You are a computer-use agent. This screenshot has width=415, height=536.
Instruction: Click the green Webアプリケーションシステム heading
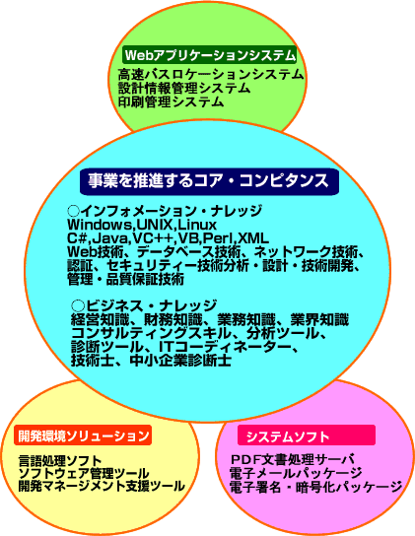pos(209,55)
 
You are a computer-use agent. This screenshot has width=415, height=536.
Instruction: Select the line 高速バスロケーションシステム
pos(211,74)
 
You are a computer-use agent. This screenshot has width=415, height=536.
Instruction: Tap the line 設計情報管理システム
pos(184,89)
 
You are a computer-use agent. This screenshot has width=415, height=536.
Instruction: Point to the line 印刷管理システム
pos(172,101)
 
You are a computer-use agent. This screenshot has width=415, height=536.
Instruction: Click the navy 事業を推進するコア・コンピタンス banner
pos(209,181)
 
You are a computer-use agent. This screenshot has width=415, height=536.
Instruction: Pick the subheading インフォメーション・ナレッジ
pos(165,211)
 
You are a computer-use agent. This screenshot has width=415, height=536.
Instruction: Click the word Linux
pos(197,225)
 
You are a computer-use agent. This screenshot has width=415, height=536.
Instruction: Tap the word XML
pos(253,238)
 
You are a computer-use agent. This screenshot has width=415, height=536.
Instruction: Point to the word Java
pos(111,238)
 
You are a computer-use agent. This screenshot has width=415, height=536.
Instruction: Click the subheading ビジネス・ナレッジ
pos(144,305)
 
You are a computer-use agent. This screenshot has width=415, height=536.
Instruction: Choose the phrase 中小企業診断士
pos(180,361)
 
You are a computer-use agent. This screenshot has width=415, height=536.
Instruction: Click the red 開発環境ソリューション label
pos(83,435)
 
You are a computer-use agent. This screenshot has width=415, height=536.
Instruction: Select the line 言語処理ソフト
pos(60,461)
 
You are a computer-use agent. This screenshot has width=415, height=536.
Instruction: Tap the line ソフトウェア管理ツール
pos(84,474)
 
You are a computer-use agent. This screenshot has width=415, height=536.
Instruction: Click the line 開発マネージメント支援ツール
pos(102,486)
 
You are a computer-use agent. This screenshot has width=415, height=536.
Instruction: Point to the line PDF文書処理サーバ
pos(292,459)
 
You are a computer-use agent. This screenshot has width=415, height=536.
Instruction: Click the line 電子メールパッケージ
pos(296,473)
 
